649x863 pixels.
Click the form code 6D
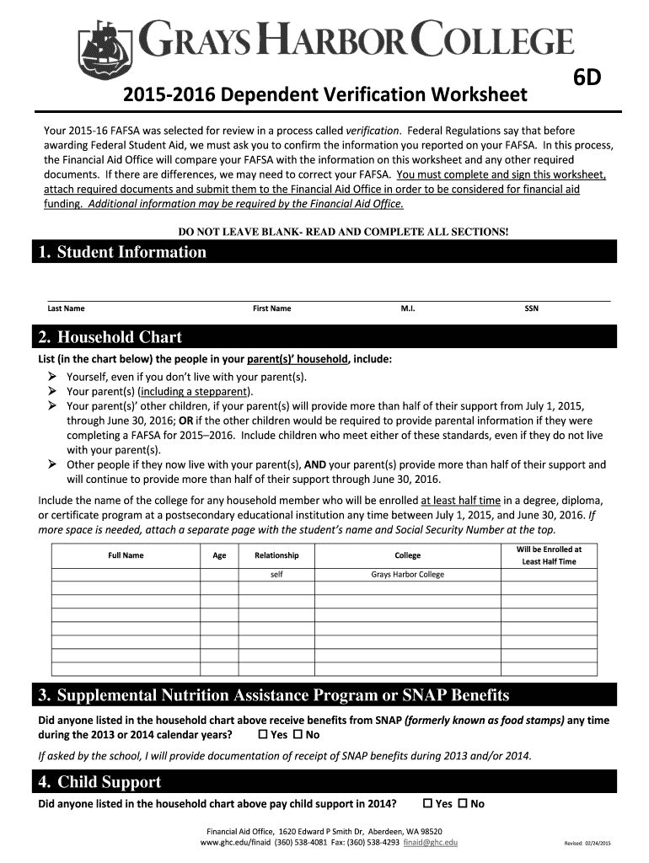583,80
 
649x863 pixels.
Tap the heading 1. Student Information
122,252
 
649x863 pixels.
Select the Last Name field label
66,308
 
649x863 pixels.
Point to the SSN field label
531,308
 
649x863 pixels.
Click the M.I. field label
407,308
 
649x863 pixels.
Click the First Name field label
271,308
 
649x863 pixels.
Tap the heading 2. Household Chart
110,338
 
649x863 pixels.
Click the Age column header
219,555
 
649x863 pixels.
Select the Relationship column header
276,555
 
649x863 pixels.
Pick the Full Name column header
126,555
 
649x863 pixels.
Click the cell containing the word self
276,575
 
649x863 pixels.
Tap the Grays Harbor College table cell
407,575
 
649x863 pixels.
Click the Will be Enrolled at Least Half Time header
549,555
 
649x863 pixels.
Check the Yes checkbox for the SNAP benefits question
262,735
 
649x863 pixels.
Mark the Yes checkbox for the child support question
427,803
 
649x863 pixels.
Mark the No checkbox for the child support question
463,803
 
